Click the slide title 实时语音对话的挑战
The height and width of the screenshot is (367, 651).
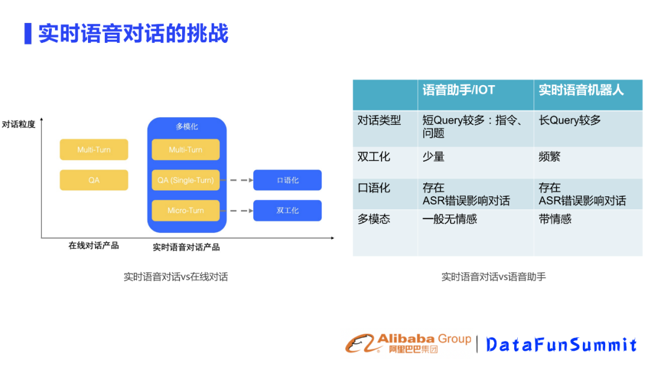tap(133, 33)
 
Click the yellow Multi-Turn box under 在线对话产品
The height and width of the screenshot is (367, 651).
tap(94, 150)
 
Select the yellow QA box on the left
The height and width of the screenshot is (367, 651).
tap(94, 180)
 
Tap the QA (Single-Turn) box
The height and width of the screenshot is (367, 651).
tap(186, 180)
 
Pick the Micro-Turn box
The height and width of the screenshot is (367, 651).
tap(186, 211)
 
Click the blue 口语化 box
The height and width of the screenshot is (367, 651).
tap(288, 180)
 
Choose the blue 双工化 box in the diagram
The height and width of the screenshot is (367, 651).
tap(288, 211)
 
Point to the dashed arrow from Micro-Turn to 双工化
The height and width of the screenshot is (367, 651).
tap(237, 211)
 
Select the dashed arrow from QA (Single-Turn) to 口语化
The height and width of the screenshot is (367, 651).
tap(237, 180)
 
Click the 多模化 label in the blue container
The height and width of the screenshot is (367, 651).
tap(187, 127)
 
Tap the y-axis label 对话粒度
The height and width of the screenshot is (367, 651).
tap(19, 125)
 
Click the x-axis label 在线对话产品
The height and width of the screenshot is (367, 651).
tap(93, 246)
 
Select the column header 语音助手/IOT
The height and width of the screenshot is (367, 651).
tap(459, 91)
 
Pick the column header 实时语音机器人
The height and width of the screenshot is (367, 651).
tap(581, 91)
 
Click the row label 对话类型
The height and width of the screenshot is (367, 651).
tap(379, 120)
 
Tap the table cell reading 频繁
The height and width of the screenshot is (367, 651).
tap(550, 157)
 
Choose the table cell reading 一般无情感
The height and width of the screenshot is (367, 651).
tap(450, 219)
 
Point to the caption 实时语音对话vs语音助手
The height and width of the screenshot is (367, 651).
tap(494, 277)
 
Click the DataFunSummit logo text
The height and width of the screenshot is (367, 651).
tap(561, 345)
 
